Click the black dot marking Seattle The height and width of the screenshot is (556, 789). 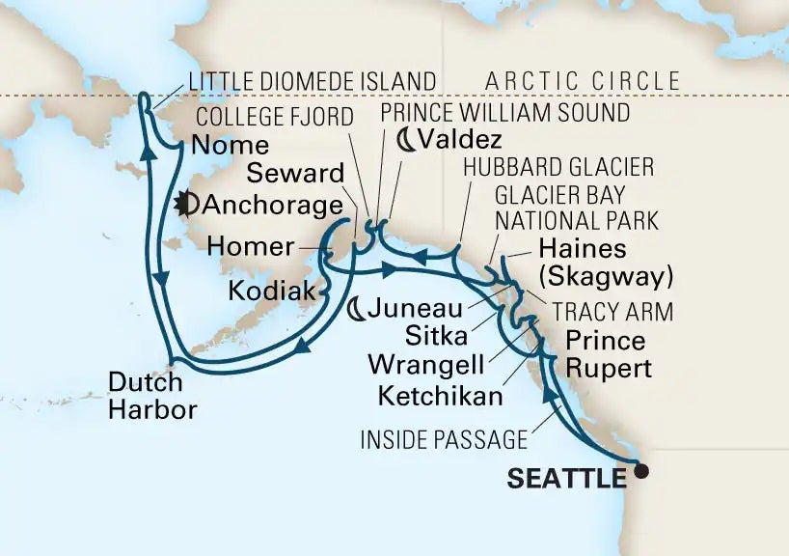pos(640,473)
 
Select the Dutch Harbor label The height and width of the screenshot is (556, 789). pos(152,396)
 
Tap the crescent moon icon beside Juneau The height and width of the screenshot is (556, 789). pos(357,309)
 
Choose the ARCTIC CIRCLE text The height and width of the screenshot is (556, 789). pos(584,81)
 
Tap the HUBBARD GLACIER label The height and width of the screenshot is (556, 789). pos(558,167)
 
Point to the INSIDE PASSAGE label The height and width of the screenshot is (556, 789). pos(444,440)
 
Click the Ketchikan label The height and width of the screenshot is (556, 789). pos(440,396)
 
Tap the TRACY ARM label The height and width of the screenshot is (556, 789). pos(612,311)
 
